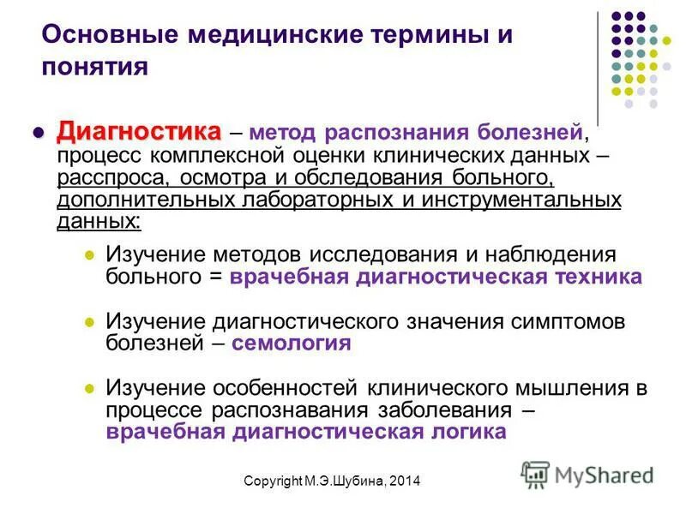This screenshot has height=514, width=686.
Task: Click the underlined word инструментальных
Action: point(522,200)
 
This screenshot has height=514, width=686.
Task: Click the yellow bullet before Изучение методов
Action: point(88,255)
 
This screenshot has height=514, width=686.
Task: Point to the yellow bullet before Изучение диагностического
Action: point(88,321)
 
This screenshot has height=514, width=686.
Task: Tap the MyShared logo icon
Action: point(535,475)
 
